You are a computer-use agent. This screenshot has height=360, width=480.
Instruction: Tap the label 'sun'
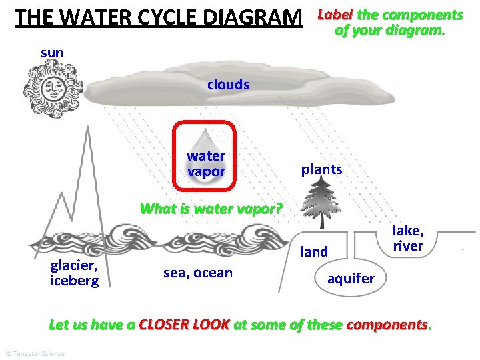coord(52,52)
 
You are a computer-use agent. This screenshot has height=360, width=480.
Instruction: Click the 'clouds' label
coord(228,85)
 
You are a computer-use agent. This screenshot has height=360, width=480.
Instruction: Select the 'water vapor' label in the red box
coord(206,163)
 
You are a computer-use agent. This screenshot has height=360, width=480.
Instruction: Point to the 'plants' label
coord(321,169)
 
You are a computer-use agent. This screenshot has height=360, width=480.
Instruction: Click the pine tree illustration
coord(321,200)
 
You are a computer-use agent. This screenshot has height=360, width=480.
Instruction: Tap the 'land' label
coord(314,251)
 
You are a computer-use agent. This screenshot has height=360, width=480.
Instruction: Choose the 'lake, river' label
coord(407,238)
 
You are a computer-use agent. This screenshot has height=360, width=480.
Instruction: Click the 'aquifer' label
coord(351,278)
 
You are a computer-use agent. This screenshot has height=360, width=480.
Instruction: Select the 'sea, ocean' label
coord(198,272)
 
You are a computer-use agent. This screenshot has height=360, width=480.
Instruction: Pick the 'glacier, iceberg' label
coord(74,272)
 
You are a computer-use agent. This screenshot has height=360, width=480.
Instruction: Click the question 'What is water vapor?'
coord(211,209)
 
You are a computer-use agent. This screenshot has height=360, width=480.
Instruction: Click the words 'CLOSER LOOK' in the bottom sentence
coord(184,325)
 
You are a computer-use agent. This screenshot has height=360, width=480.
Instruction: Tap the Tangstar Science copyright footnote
coord(34,353)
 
